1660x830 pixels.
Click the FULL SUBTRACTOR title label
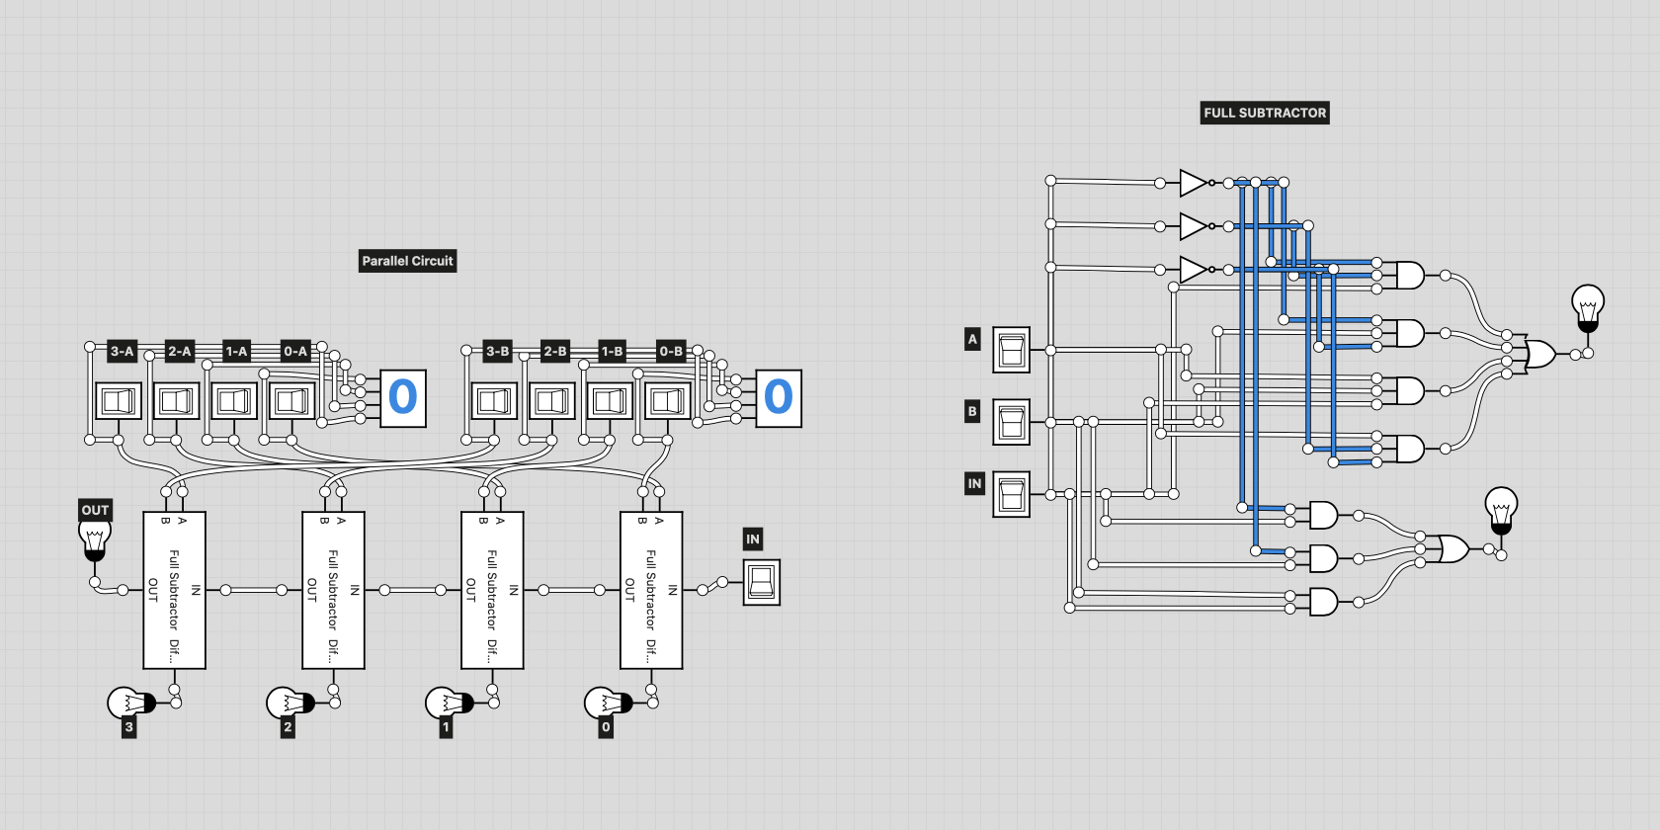pos(1265,113)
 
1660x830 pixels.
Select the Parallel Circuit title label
pos(407,261)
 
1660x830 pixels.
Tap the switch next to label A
pos(1011,350)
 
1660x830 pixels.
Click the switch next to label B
pos(1011,422)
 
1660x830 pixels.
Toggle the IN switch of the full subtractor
pos(1011,494)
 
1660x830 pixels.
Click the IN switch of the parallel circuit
pos(761,583)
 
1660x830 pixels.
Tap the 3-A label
pos(122,351)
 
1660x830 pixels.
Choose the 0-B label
pos(671,351)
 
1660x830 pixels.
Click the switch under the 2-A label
pos(176,400)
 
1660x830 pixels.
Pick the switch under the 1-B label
pos(610,400)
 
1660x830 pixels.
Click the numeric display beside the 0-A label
pos(403,398)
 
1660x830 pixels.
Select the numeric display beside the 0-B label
pos(779,398)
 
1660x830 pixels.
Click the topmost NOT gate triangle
pos(1193,183)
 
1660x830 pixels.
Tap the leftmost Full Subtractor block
pos(174,590)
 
